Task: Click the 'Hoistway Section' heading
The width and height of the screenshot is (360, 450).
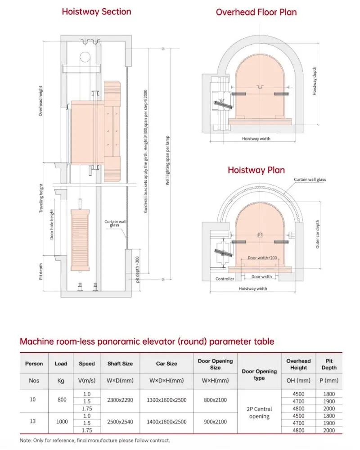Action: click(x=96, y=12)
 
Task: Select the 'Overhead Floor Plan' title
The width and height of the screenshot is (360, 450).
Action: click(x=256, y=12)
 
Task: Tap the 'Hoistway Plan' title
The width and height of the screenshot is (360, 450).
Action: click(x=256, y=170)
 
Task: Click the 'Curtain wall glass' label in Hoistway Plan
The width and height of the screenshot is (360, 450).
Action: click(x=310, y=180)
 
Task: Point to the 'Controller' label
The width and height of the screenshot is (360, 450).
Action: click(x=225, y=279)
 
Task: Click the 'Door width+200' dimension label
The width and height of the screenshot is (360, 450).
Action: click(x=261, y=258)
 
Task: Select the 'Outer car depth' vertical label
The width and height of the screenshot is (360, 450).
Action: click(x=318, y=234)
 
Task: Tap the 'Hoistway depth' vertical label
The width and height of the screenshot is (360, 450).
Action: click(x=315, y=81)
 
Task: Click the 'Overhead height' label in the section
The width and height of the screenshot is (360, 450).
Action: click(x=40, y=101)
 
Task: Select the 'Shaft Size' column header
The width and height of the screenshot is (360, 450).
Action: click(x=120, y=364)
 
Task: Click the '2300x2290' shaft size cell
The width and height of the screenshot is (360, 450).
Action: click(x=120, y=400)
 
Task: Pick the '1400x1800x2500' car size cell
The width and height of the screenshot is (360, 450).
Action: click(x=166, y=422)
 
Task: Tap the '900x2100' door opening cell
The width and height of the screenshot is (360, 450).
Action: click(x=215, y=422)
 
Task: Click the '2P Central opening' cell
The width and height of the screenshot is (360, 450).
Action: click(x=259, y=413)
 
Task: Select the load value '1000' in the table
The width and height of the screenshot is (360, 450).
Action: click(x=61, y=422)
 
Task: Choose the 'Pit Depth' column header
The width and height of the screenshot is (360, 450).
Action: click(x=328, y=364)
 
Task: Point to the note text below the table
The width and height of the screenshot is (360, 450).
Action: click(x=95, y=440)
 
